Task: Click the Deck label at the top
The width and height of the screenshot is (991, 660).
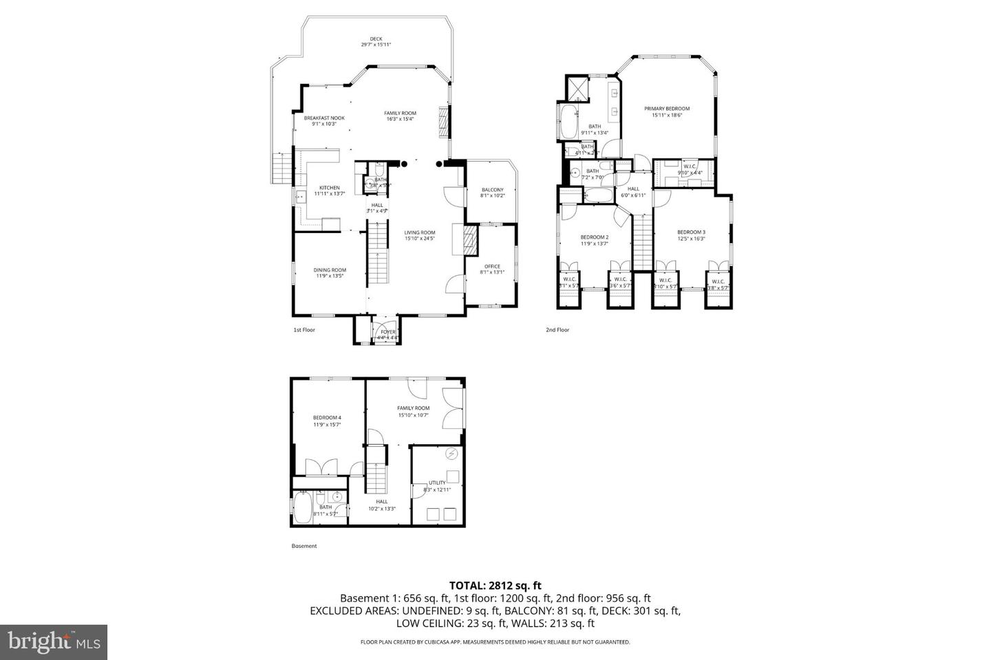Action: tap(376, 41)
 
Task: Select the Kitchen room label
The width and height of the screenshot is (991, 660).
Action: tap(329, 190)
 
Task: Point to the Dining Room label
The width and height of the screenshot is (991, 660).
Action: tap(330, 272)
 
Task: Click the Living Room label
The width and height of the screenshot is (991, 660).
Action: tap(419, 235)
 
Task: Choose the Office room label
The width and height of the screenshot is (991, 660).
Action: tap(492, 269)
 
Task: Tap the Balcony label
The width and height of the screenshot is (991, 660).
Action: tap(492, 192)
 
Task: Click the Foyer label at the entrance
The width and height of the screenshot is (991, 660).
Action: tap(388, 334)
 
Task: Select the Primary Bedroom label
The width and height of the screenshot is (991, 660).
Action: tap(666, 111)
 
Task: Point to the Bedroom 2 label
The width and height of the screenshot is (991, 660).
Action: tap(594, 240)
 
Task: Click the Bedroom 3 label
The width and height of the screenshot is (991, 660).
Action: tap(691, 235)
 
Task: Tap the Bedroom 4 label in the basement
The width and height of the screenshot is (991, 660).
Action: tap(327, 421)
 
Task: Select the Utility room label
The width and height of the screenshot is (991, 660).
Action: tap(437, 485)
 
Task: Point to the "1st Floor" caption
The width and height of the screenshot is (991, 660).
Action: tap(304, 330)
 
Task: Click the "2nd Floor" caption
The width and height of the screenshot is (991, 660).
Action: tap(557, 330)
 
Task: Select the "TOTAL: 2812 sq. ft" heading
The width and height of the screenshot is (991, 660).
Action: tap(495, 586)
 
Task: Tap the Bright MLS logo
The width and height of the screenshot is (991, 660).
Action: tap(54, 642)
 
